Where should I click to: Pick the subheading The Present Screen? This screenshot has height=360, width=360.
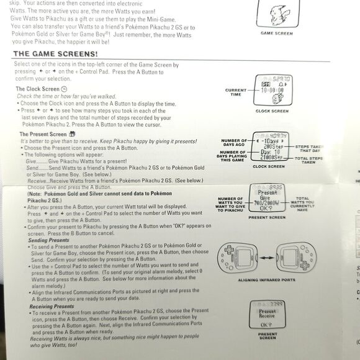43,133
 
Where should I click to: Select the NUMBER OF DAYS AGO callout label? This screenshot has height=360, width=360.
233,143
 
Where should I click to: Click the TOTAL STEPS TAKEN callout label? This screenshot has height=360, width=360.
308,160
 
